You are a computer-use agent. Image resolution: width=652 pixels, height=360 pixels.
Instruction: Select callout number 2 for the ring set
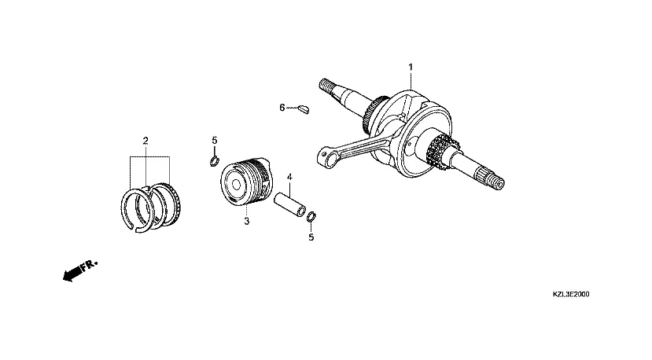pyautogui.click(x=146, y=141)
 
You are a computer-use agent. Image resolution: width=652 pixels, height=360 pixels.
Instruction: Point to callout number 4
pyautogui.click(x=289, y=177)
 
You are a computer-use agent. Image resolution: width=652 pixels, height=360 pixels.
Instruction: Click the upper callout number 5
pyautogui.click(x=214, y=141)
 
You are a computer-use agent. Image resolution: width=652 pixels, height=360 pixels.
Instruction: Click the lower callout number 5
pyautogui.click(x=311, y=237)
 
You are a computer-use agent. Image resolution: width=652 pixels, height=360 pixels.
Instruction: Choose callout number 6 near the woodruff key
pyautogui.click(x=282, y=107)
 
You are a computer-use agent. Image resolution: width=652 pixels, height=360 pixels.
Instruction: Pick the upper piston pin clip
pyautogui.click(x=213, y=161)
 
